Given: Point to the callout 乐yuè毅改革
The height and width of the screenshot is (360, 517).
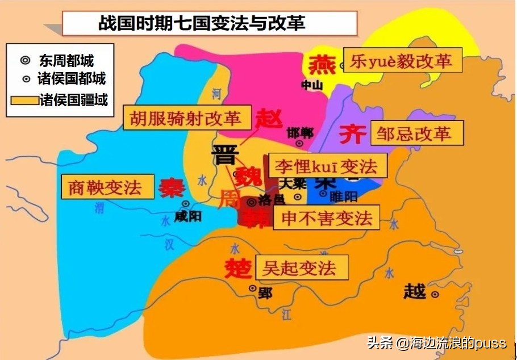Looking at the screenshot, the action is click(405, 61).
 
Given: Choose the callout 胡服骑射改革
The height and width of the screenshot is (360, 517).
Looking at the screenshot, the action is click(186, 119).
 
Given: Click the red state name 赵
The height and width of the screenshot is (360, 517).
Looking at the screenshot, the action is click(268, 119).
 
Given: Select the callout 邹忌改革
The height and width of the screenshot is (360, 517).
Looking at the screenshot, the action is click(416, 134).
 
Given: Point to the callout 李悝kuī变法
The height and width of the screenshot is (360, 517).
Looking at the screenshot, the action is click(326, 166).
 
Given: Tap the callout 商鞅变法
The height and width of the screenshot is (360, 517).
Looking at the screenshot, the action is click(107, 187).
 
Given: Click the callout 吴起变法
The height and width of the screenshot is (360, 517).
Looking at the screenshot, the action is click(301, 267).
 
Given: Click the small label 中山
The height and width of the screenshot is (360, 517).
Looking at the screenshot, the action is click(312, 85).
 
